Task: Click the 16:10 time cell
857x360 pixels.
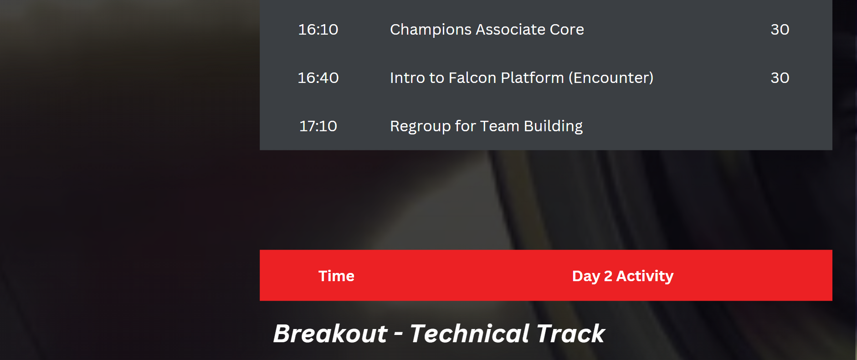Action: [x=318, y=30]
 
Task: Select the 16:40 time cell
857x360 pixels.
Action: [x=318, y=78]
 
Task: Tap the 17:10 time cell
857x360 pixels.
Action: [x=318, y=126]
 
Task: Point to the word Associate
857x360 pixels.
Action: [x=511, y=30]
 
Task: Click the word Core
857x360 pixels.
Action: [x=567, y=30]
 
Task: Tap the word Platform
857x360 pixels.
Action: [x=532, y=78]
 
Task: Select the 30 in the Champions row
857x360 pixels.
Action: [x=780, y=30]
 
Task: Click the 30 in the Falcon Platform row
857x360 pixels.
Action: [x=780, y=78]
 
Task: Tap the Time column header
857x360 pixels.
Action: [x=336, y=276]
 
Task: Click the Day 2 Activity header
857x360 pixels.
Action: [x=623, y=276]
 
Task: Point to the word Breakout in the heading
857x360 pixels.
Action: [x=330, y=334]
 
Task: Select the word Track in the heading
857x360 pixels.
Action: [x=571, y=334]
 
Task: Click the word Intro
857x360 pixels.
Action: [x=407, y=78]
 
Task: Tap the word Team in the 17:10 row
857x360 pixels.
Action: [x=499, y=126]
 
